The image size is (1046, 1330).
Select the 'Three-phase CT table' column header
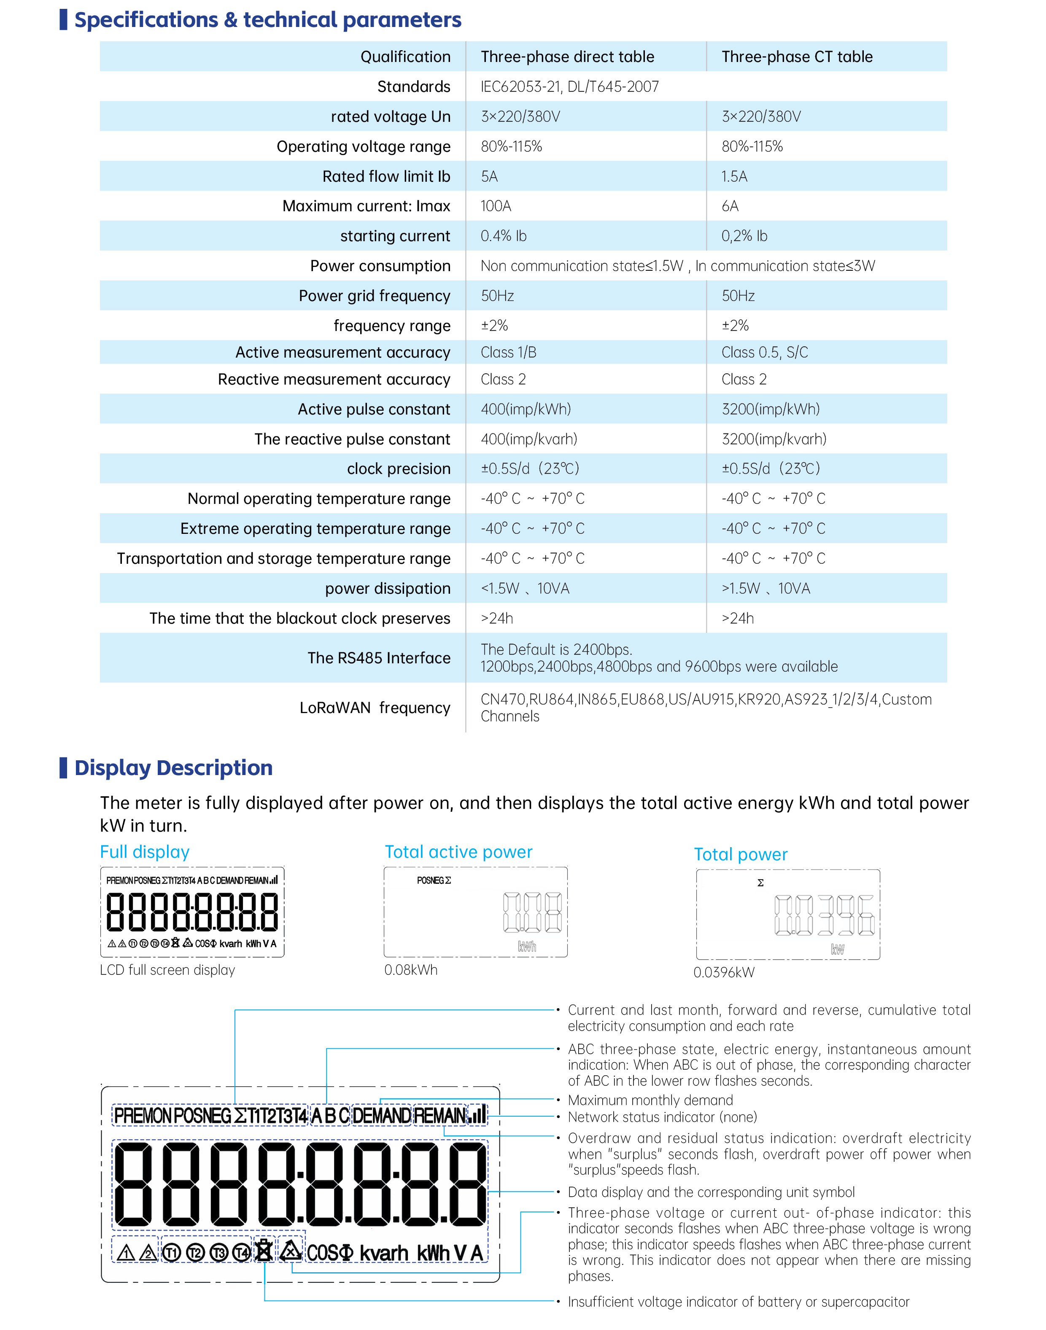[x=796, y=57]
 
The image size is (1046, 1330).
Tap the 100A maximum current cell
[x=496, y=206]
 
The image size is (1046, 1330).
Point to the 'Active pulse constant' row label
[x=374, y=409]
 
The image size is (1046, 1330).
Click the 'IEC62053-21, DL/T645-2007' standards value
[x=569, y=87]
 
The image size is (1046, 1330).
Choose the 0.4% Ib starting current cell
[x=504, y=237]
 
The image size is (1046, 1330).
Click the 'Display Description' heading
[x=173, y=768]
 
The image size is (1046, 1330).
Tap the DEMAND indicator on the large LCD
[x=382, y=1116]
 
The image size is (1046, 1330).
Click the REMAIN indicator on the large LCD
[x=440, y=1116]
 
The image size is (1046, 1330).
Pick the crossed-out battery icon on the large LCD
[x=264, y=1252]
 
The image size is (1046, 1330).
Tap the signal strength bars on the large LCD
[x=478, y=1115]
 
